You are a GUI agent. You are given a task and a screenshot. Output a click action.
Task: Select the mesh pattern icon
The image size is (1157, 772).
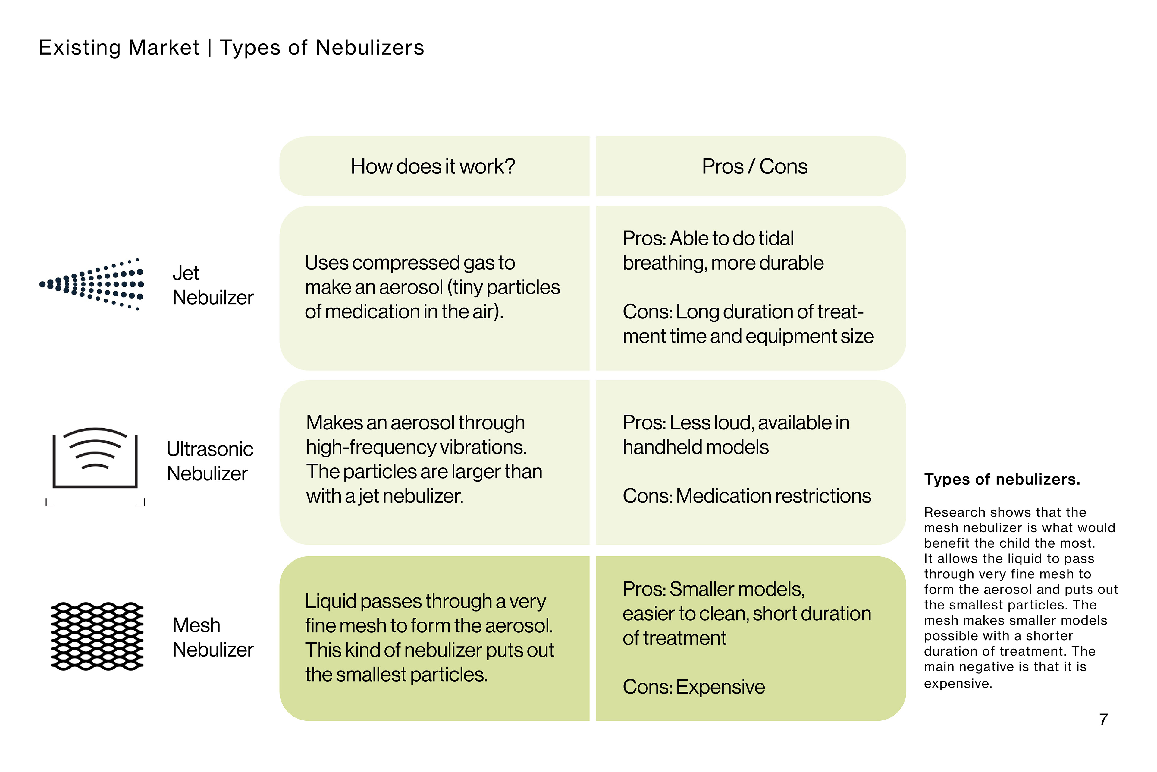tap(97, 636)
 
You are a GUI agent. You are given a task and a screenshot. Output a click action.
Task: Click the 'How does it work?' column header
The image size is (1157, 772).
tap(432, 166)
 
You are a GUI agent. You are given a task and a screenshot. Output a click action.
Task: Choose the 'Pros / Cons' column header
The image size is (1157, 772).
tap(754, 166)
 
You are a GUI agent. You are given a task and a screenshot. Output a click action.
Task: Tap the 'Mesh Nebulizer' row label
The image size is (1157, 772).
tap(212, 637)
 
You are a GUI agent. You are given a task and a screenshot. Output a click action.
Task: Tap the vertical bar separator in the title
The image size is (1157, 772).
tap(210, 48)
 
